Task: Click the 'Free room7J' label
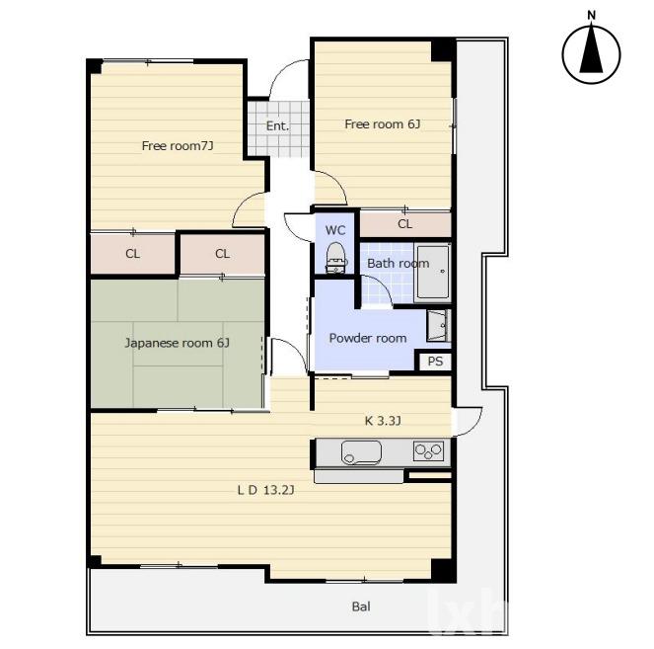(178, 146)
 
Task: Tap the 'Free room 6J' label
(383, 124)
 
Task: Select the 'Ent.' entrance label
(277, 125)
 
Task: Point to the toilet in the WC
(335, 258)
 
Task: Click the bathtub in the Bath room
(433, 272)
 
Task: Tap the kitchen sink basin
(361, 452)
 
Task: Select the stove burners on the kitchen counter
(428, 450)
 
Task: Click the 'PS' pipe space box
(435, 361)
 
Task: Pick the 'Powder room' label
(368, 338)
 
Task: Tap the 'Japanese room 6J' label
(178, 343)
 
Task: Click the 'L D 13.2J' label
(265, 490)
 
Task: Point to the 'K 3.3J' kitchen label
(383, 421)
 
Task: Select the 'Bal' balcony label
(361, 607)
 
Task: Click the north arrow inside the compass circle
(592, 49)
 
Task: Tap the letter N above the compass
(592, 16)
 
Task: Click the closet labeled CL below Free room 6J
(405, 224)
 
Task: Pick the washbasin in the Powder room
(438, 326)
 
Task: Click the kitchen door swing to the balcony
(475, 428)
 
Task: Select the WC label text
(335, 230)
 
